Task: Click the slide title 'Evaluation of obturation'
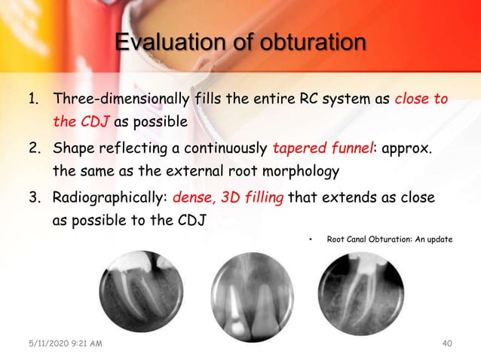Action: [x=240, y=43]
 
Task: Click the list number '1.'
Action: [x=33, y=99]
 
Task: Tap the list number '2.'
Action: [x=33, y=148]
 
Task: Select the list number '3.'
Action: [x=33, y=198]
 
